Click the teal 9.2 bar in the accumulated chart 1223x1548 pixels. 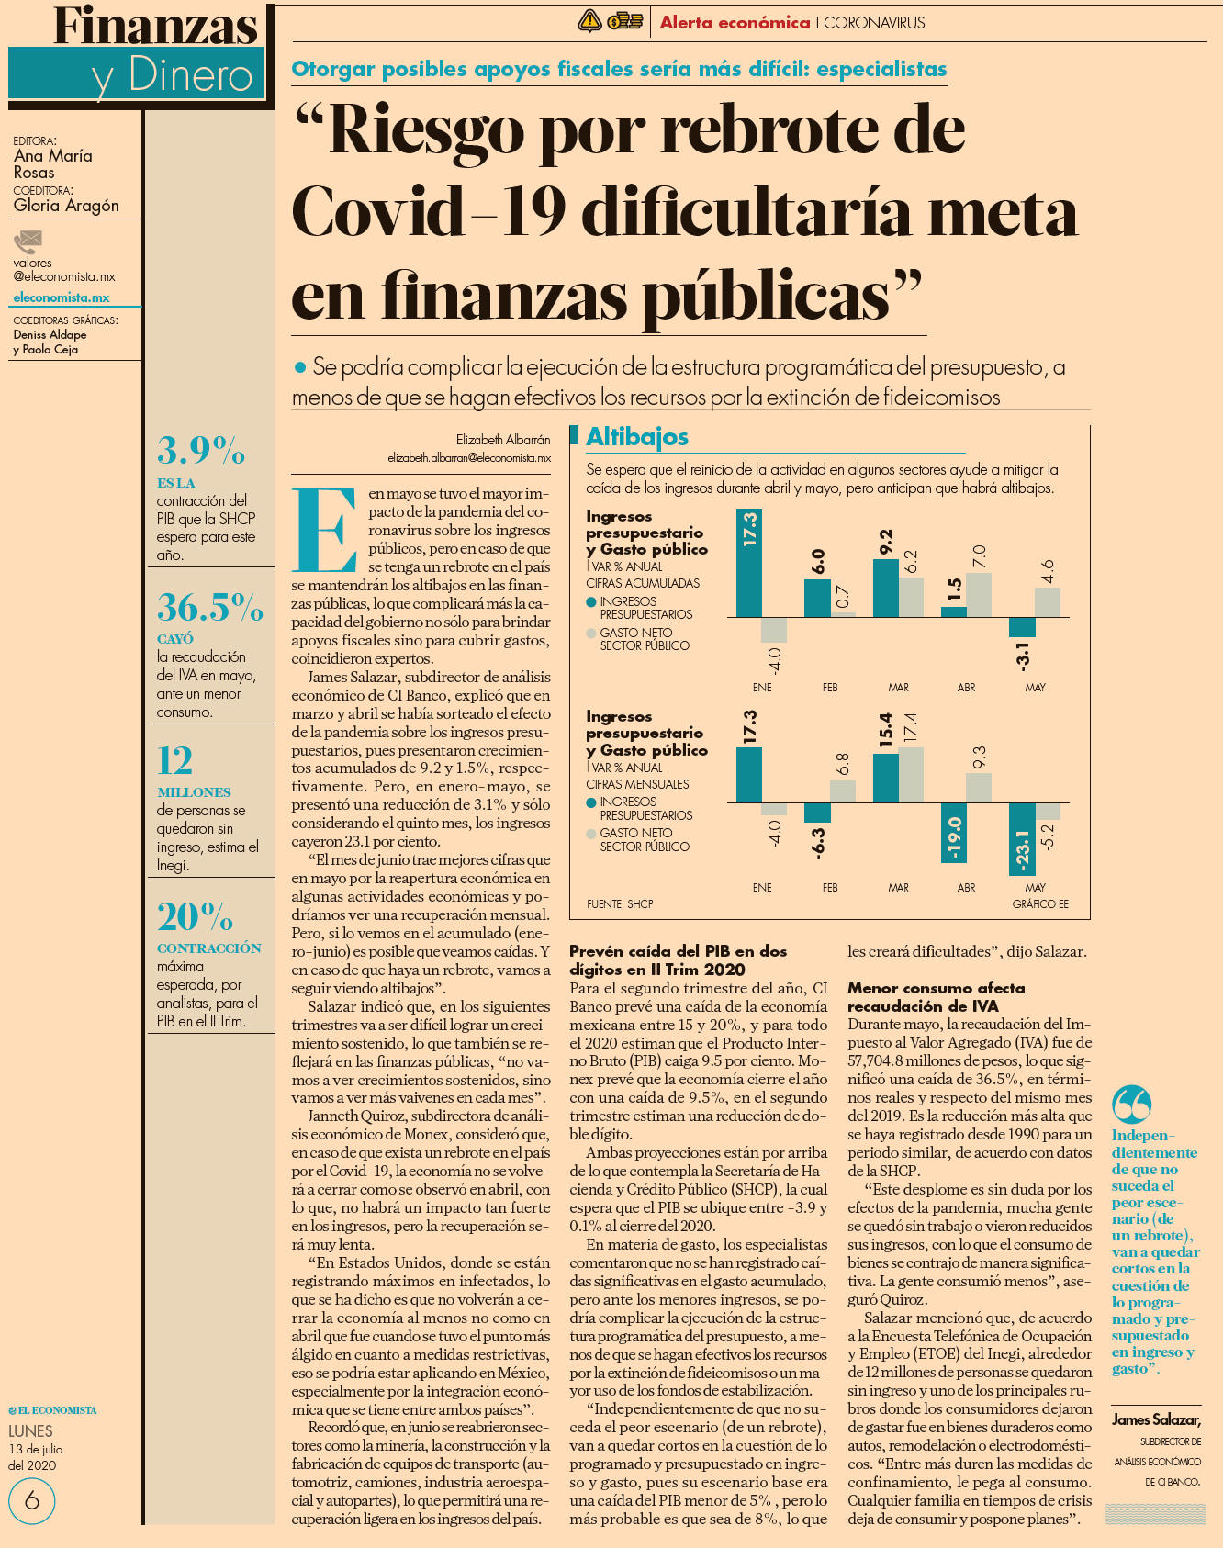[885, 589]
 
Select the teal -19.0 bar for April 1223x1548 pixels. [954, 833]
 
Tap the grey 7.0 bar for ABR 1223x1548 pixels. [979, 595]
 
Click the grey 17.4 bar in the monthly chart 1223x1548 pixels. [911, 775]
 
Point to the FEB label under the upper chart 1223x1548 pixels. [830, 688]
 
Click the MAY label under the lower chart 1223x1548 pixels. [1035, 888]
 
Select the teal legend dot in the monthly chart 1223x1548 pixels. [591, 802]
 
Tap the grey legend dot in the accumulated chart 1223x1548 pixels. [591, 634]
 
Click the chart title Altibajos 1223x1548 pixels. [637, 437]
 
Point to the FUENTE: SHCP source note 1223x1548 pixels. [620, 904]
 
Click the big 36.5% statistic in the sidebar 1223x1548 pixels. [210, 608]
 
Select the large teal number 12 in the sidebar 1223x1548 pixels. [175, 761]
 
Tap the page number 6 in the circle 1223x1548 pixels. [32, 1501]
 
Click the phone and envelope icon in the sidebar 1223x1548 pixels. [28, 242]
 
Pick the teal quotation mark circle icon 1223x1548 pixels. [1131, 1105]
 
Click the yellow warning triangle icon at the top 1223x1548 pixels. [589, 21]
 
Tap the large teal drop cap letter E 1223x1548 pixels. [324, 531]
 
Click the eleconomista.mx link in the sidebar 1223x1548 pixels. [62, 297]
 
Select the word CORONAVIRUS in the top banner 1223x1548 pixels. [874, 23]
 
